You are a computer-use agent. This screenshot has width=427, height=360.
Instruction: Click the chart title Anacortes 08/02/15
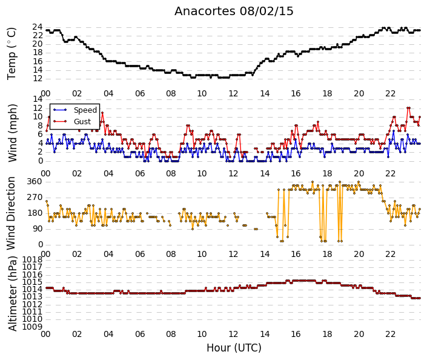[x=234, y=12]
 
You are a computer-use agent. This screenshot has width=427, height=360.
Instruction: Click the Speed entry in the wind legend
[x=85, y=110]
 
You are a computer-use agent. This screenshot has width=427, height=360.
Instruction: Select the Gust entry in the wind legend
[x=82, y=122]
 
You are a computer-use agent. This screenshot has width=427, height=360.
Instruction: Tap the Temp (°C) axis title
[x=12, y=54]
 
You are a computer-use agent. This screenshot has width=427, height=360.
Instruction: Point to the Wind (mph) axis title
[x=12, y=133]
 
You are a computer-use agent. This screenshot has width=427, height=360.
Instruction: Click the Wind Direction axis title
[x=11, y=213]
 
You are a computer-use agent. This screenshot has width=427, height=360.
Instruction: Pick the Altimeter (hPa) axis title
[x=13, y=293]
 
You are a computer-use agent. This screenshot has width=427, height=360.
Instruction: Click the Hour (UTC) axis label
[x=234, y=348]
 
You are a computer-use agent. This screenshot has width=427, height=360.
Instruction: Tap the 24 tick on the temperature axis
[x=38, y=27]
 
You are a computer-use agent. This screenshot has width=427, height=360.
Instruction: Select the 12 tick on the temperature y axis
[x=38, y=79]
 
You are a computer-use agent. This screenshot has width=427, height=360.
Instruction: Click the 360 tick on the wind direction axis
[x=35, y=181]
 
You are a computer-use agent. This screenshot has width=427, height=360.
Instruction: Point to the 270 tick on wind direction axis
[x=35, y=197]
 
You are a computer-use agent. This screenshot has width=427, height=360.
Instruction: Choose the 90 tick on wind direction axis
[x=38, y=228]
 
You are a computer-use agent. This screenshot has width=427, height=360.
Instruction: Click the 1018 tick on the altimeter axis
[x=32, y=259]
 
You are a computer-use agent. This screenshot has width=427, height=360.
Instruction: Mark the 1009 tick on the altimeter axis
[x=32, y=327]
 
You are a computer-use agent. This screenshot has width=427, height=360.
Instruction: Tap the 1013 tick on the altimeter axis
[x=32, y=296]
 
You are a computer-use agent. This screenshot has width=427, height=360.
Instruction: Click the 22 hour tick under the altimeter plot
[x=390, y=334]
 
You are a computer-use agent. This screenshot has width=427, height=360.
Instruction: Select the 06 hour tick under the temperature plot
[x=140, y=93]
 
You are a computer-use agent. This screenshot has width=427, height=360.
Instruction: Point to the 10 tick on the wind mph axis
[x=38, y=116]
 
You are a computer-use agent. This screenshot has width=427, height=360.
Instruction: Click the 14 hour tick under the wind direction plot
[x=265, y=254]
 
